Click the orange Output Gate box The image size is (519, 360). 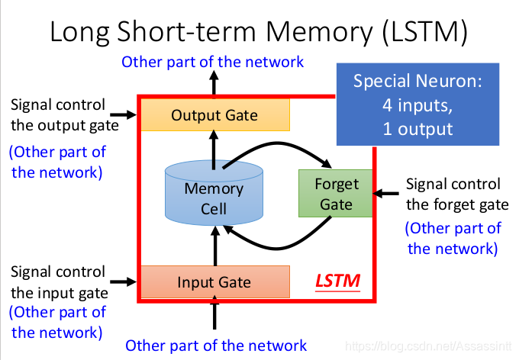tap(214, 115)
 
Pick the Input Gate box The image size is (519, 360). tap(214, 282)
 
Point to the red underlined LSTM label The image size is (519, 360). tap(338, 282)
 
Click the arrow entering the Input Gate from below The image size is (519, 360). tap(214, 315)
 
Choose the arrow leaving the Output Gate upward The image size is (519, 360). tap(214, 84)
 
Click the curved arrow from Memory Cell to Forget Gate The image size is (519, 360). tap(282, 147)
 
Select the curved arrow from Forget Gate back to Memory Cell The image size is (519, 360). tap(282, 243)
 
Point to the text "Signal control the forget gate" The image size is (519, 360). tap(456, 194)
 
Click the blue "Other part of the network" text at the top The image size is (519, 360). tap(212, 62)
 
